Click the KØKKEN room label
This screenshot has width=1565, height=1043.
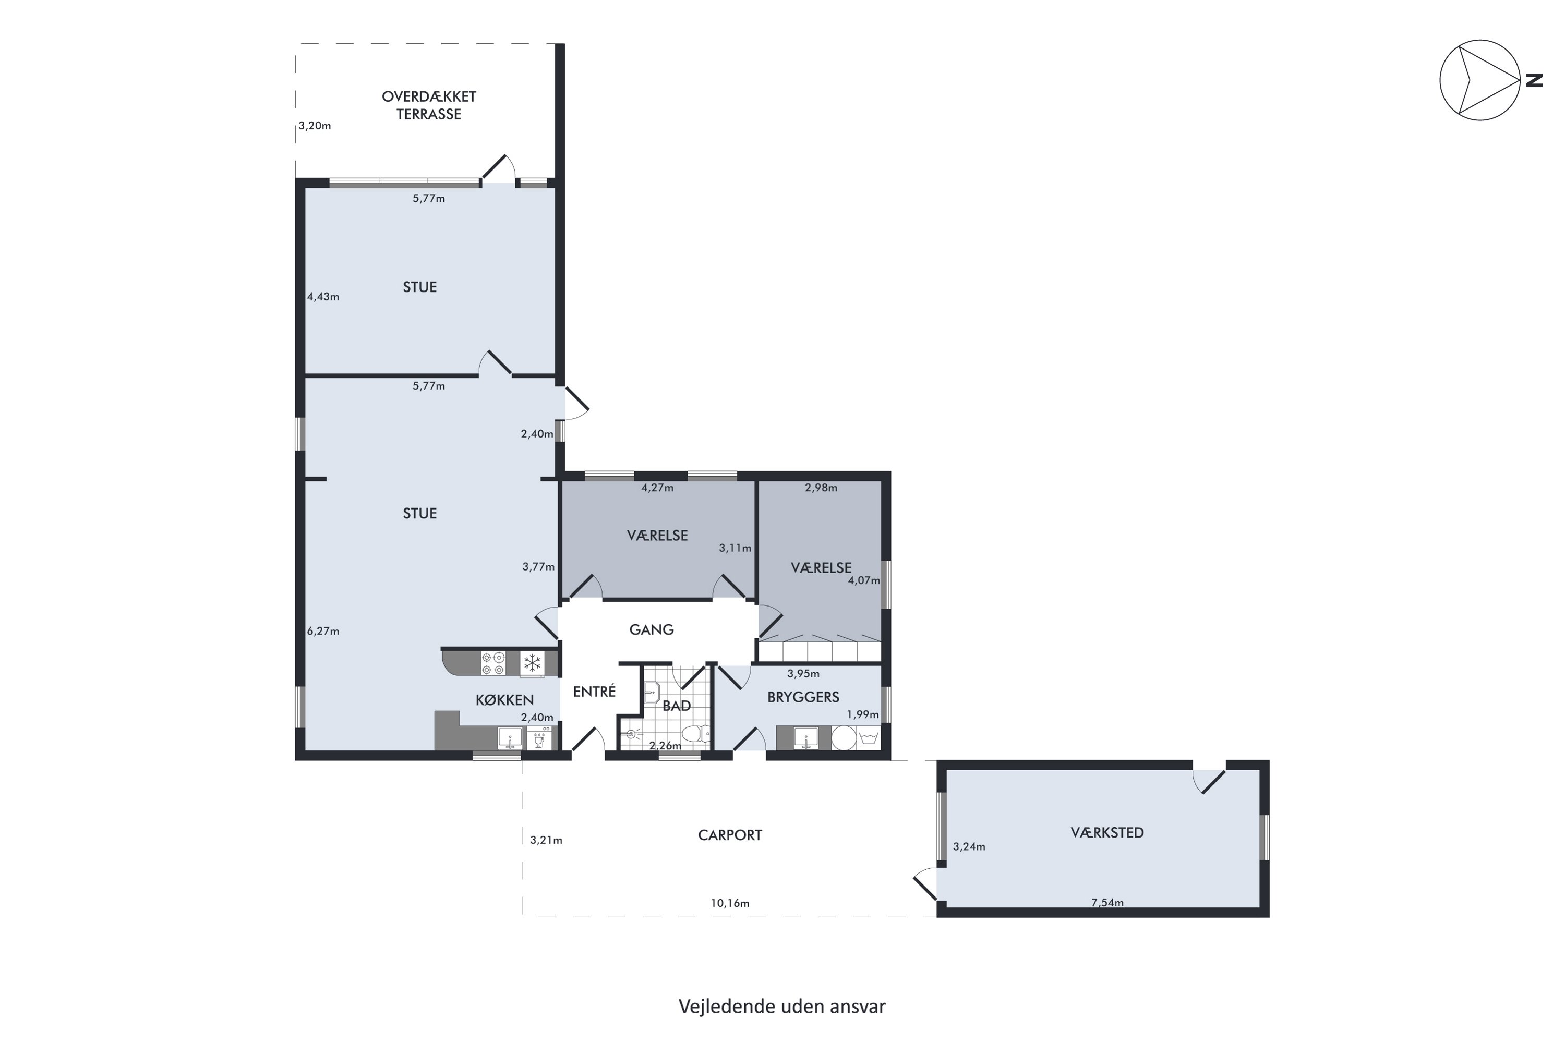(504, 700)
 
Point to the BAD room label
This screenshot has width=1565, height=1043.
(677, 706)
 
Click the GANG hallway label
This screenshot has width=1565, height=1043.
(652, 629)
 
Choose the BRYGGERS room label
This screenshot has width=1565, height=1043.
(803, 697)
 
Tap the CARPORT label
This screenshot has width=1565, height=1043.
(730, 835)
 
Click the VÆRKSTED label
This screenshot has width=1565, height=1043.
(1107, 832)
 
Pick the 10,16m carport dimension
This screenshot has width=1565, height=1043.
(730, 903)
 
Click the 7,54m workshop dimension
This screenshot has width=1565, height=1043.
(1107, 903)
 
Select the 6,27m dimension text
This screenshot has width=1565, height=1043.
(323, 631)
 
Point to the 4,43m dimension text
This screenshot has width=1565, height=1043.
(323, 297)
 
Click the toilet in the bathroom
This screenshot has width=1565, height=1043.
(696, 734)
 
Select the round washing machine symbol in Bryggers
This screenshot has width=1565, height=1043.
(844, 738)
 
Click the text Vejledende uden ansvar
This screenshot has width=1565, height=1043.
(782, 1006)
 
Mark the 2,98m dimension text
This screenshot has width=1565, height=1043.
(821, 488)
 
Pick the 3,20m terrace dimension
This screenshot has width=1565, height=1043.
(315, 126)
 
